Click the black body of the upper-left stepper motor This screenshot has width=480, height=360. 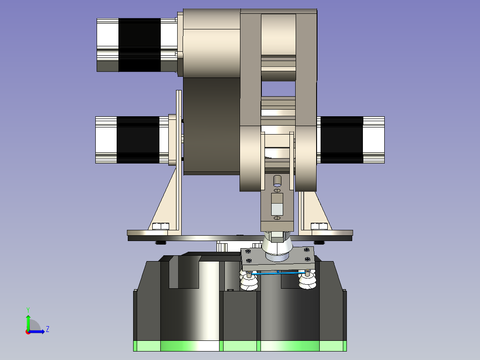click(139, 45)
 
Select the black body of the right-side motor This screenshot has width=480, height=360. click(342, 140)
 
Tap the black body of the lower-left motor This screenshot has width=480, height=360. click(138, 140)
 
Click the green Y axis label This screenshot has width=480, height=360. click(28, 310)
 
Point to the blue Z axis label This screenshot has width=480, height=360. click(48, 329)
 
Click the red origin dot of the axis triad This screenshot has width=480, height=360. click(28, 332)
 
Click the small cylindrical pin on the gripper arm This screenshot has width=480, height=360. click(277, 181)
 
